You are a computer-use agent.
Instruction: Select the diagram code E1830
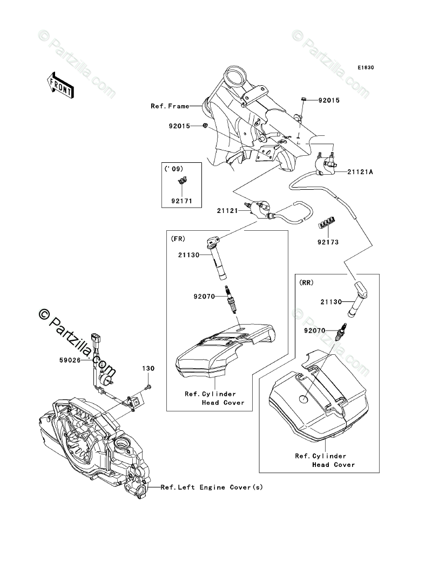tap(366, 68)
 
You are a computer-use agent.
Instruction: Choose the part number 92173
tap(328, 242)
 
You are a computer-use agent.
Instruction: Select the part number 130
tap(148, 369)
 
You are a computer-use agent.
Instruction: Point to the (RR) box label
tap(306, 282)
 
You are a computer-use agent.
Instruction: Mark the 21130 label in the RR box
tap(330, 302)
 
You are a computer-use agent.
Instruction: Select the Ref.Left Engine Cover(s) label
tap(212, 487)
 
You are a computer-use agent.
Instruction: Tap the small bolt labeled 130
tap(148, 386)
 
